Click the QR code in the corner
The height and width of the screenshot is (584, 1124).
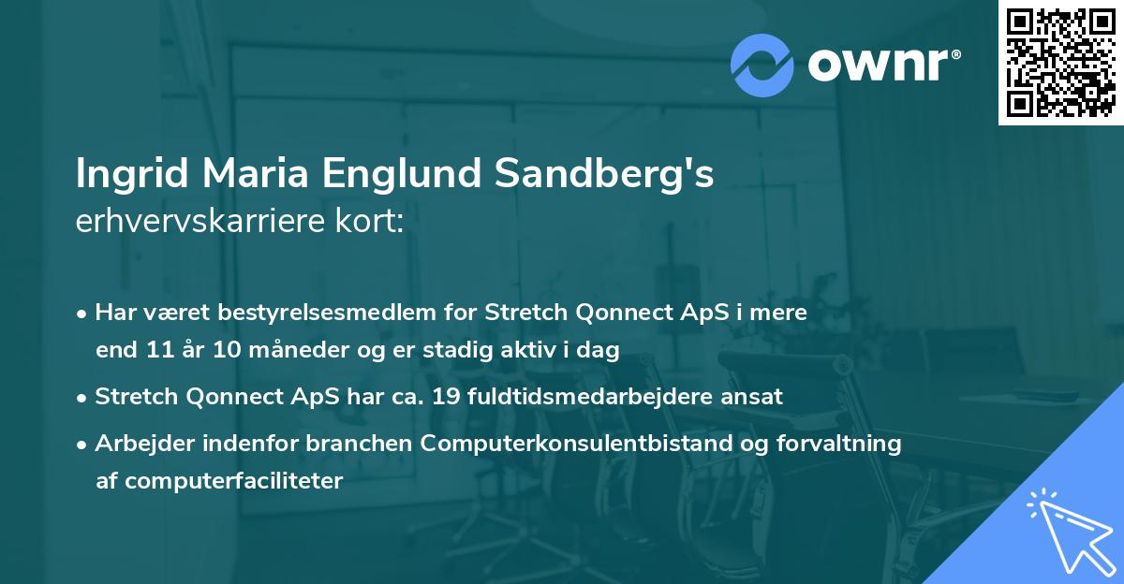pos(1060,62)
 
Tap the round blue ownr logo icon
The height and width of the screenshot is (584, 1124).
pos(762,64)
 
